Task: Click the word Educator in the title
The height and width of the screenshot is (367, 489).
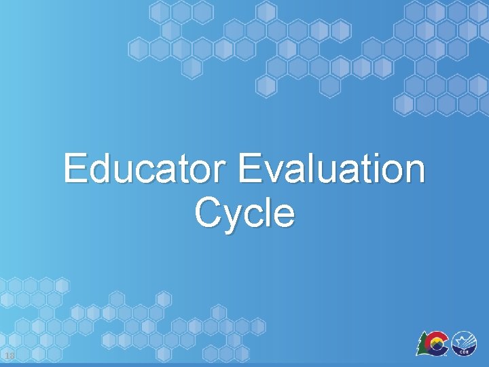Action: point(147,169)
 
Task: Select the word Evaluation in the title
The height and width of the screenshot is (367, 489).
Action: point(332,169)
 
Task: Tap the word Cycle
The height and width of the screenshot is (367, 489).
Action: point(244,213)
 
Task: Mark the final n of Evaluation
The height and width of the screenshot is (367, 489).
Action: point(414,173)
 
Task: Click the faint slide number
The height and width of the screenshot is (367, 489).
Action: point(9,356)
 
